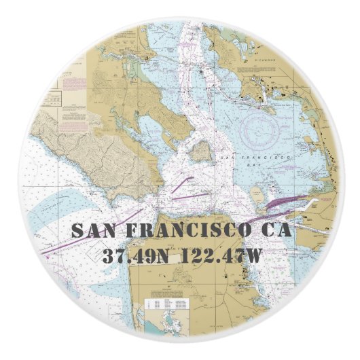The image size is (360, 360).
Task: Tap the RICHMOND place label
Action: pyautogui.click(x=265, y=60)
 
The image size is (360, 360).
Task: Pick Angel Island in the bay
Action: pyautogui.click(x=200, y=151)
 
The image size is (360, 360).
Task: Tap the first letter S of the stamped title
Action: pyautogui.click(x=76, y=230)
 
